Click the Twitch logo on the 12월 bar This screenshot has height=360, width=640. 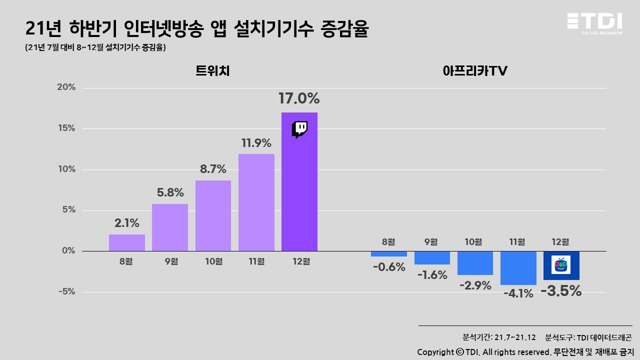(299, 129)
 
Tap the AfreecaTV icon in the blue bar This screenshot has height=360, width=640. (561, 264)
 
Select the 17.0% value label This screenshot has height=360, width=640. (299, 98)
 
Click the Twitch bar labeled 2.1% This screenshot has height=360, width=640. (127, 242)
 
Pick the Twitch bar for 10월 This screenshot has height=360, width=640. (213, 215)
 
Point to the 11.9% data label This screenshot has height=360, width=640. (256, 143)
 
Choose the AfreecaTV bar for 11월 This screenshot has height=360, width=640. (518, 268)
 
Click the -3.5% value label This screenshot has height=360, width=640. (561, 290)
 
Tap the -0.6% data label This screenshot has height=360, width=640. (388, 267)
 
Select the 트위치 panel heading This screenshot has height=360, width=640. (212, 71)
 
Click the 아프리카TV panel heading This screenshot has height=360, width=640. (475, 71)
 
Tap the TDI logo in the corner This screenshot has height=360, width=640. (594, 23)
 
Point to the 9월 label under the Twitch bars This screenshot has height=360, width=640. (170, 261)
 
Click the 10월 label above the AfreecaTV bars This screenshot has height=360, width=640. (474, 242)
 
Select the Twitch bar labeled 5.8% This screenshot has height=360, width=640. (170, 227)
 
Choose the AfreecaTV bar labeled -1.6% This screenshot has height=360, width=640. (432, 257)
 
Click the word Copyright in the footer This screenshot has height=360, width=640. (435, 351)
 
